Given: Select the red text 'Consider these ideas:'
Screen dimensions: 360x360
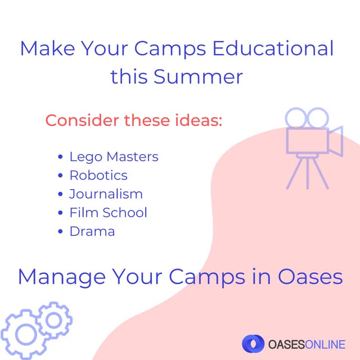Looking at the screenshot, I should click(134, 120).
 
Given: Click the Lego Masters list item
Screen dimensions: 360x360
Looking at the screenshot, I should click(114, 156).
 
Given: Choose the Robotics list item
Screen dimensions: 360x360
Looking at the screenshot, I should click(98, 175).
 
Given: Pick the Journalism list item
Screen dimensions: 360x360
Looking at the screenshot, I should click(106, 194).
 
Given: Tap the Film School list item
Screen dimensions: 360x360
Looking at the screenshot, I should click(108, 213).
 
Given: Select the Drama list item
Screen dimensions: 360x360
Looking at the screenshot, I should click(92, 231).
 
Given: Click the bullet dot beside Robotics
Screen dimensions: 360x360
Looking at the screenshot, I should click(60, 175).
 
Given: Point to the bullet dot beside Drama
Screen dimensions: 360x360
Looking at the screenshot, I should click(60, 232).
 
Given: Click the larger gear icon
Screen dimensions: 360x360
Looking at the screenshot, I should click(23, 334).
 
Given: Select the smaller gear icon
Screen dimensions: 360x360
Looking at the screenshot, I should click(54, 319).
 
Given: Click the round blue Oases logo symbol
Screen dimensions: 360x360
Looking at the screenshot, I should click(253, 343).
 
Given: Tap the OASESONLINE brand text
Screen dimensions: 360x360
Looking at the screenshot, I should click(307, 343).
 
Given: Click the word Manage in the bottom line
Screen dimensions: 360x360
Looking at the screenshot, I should click(62, 277).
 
